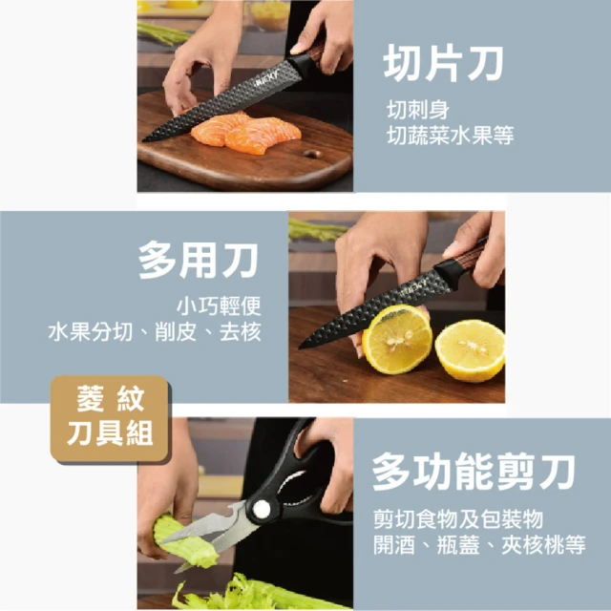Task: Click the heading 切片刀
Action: (443, 64)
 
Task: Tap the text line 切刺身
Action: (418, 110)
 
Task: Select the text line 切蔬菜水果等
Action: (450, 136)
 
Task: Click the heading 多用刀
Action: (199, 260)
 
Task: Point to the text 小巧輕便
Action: (219, 305)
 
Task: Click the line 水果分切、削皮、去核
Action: (155, 332)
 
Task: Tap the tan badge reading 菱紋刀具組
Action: (110, 418)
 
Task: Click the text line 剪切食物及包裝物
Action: (458, 518)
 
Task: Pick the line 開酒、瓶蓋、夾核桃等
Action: (479, 544)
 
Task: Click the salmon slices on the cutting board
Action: (245, 132)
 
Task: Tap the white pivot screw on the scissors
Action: (261, 509)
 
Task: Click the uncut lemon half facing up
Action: (470, 350)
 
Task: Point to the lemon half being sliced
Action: (397, 340)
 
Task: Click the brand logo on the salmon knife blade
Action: (267, 78)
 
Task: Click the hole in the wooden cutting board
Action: (312, 154)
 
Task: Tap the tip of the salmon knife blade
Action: (143, 140)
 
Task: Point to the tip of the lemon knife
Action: (300, 348)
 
